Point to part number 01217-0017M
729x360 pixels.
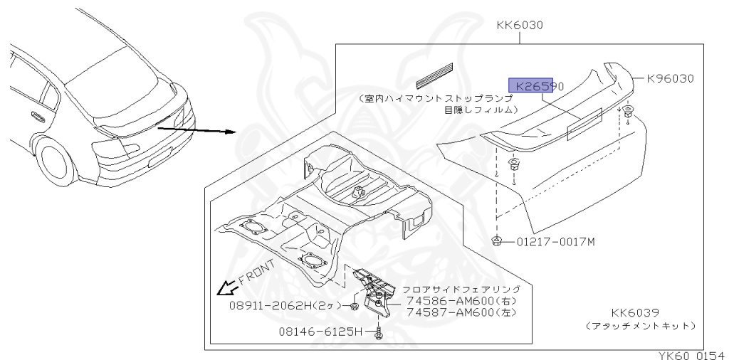click(556, 242)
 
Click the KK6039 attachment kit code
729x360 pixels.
click(634, 312)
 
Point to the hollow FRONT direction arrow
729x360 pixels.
click(226, 287)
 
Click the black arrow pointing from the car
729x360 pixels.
click(196, 129)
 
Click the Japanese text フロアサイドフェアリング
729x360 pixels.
click(461, 290)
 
